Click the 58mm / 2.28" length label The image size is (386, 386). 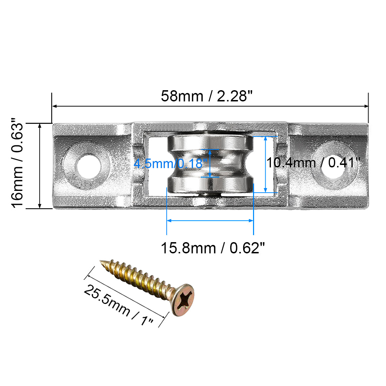pyautogui.click(x=207, y=96)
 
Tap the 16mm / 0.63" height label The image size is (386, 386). pyautogui.click(x=17, y=165)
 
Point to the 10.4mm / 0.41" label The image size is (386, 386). pyautogui.click(x=313, y=163)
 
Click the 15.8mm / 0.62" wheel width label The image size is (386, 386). pyautogui.click(x=212, y=248)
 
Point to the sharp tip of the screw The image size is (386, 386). pyautogui.click(x=102, y=261)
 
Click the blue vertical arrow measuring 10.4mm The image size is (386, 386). pyautogui.click(x=265, y=164)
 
